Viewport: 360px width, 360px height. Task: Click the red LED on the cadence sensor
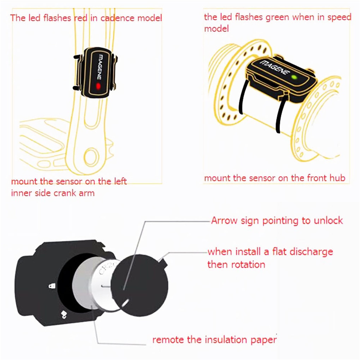pos(98,86)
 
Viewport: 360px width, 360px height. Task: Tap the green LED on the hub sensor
pos(294,77)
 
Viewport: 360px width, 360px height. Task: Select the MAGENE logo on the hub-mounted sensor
pos(274,67)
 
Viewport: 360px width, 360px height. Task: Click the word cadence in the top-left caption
pos(118,18)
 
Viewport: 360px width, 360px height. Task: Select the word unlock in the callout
pos(328,221)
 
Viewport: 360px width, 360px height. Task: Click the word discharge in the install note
pos(311,252)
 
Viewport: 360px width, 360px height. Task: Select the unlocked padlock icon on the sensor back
pos(64,313)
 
